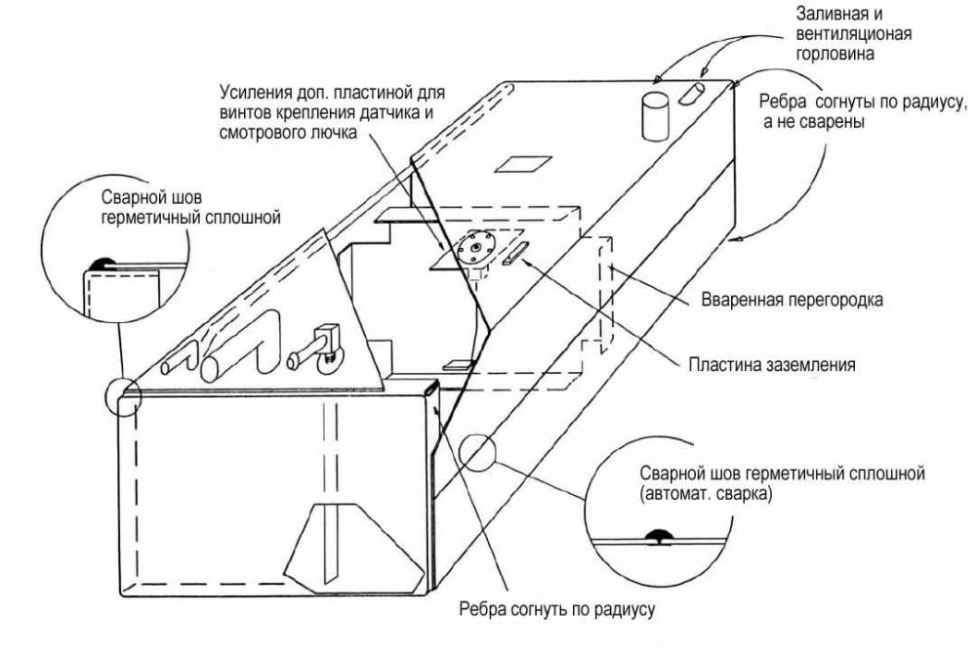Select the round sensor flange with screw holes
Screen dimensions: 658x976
coord(477,248)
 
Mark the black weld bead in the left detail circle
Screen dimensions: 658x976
coord(100,263)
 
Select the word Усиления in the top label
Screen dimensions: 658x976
coord(250,94)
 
